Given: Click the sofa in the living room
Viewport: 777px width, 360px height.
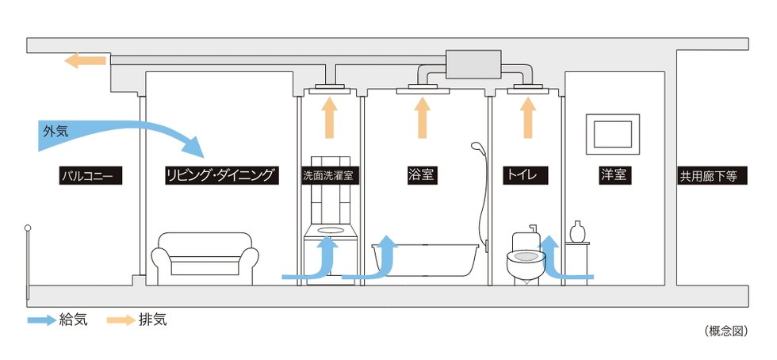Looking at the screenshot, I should click(205, 259).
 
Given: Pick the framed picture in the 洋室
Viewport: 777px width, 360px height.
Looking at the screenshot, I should click(612, 134).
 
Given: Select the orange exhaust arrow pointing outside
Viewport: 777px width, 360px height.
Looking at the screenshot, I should click(85, 60).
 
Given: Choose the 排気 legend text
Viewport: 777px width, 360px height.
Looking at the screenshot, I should click(152, 320).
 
